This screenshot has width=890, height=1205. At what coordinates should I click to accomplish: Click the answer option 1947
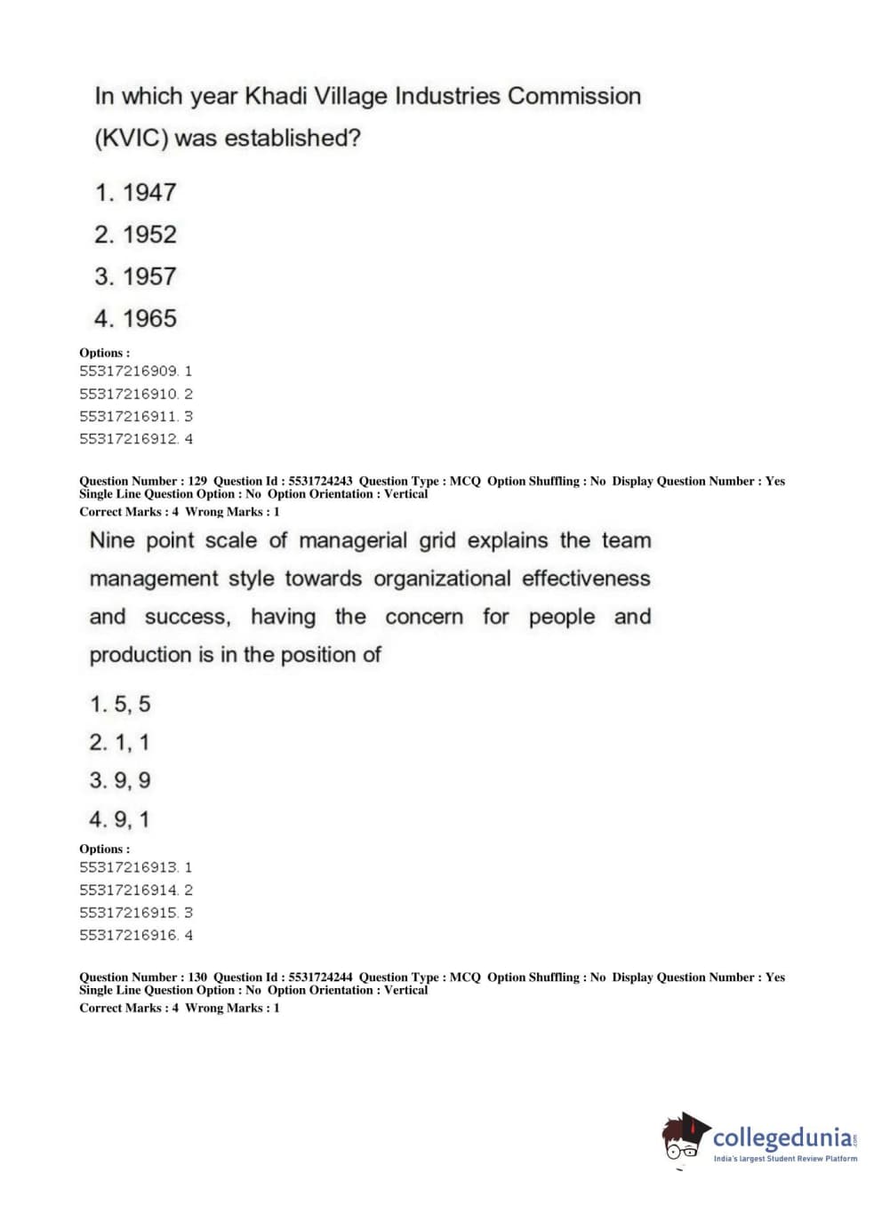click(x=136, y=192)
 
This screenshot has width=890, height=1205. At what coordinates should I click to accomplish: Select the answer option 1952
click(x=136, y=235)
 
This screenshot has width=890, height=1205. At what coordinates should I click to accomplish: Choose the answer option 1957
click(x=136, y=276)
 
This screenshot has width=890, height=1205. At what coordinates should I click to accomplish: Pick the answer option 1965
click(x=136, y=318)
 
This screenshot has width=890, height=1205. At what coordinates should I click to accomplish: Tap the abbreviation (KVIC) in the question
click(x=131, y=139)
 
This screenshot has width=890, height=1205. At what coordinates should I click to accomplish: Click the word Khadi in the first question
click(x=276, y=96)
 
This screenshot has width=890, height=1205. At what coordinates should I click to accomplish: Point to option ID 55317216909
click(x=129, y=371)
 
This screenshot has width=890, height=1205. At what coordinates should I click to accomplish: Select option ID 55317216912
click(x=129, y=439)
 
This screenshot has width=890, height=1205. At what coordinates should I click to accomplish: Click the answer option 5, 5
click(x=120, y=705)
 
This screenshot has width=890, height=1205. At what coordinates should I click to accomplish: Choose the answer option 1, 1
click(x=120, y=742)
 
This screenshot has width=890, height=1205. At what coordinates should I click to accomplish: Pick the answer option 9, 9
click(x=120, y=781)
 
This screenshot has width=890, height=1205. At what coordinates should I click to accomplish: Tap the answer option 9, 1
click(x=120, y=819)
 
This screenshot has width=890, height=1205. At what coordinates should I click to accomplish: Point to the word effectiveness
click(x=586, y=579)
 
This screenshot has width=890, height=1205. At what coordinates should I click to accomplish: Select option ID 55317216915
click(x=129, y=913)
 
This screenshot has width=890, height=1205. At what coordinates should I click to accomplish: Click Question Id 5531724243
click(x=320, y=482)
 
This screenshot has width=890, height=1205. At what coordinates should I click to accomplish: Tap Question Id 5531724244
click(x=320, y=978)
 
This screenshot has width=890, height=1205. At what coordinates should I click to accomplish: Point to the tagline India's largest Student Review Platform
click(x=785, y=1159)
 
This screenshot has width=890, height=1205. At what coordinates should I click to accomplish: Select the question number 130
click(x=197, y=978)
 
